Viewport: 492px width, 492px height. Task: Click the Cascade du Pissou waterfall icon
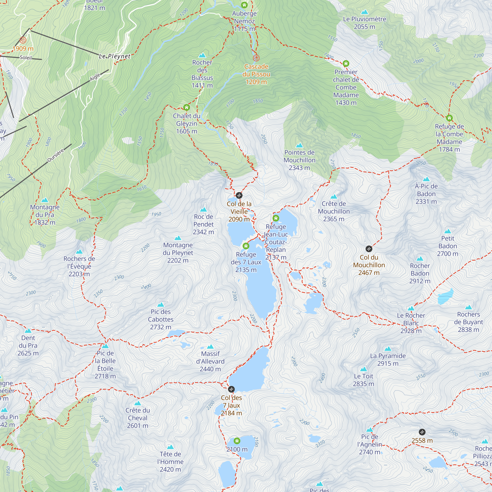tap(256, 58)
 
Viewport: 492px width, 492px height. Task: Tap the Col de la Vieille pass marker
tap(239, 195)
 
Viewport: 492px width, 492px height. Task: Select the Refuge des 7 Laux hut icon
tap(246, 246)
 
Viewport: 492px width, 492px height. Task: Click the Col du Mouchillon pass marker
tap(369, 249)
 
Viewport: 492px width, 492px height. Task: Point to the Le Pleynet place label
tap(115, 56)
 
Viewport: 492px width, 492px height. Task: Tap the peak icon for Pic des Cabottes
tap(161, 305)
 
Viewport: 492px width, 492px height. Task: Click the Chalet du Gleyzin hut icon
tap(186, 108)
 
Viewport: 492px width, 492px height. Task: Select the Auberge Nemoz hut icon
tap(244, 5)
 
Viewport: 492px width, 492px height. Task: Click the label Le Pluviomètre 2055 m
tap(364, 23)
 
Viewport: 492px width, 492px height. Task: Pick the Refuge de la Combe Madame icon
tap(449, 118)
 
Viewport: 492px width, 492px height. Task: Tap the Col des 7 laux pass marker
tap(231, 389)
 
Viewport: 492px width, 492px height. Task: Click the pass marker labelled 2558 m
tap(422, 432)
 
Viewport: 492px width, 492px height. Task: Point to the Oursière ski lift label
tap(56, 156)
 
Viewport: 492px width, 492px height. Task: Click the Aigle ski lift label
tap(95, 77)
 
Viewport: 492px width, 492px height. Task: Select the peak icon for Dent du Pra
tap(28, 331)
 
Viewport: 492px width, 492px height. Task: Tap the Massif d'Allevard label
tap(210, 361)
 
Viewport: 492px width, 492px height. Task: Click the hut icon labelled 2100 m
tap(237, 441)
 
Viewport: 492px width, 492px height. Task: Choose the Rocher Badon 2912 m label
tap(420, 273)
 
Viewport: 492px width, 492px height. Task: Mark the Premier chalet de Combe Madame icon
tap(346, 63)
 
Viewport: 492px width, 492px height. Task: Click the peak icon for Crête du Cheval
tap(138, 403)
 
